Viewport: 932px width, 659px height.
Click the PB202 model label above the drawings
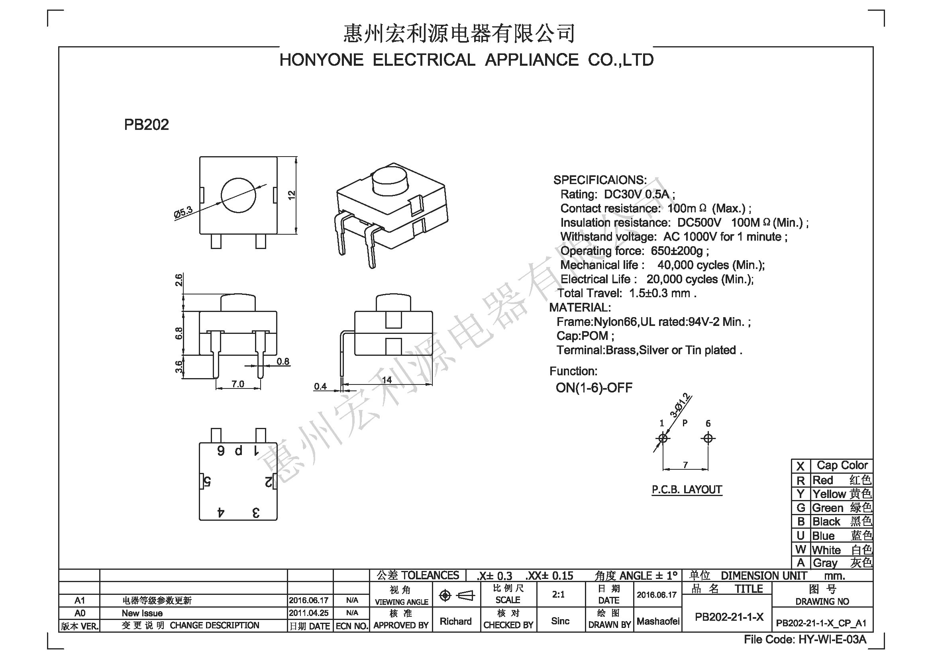pos(146,125)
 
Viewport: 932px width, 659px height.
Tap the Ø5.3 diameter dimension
pos(183,213)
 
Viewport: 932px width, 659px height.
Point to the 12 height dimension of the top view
pos(291,195)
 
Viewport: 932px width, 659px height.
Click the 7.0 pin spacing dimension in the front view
pos(238,383)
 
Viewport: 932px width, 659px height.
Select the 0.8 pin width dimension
pos(283,361)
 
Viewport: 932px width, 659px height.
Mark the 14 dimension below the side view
pos(387,380)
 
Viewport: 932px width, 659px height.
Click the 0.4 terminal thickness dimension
pos(320,386)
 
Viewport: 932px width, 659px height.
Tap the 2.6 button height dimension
pos(179,280)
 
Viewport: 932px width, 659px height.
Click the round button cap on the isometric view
pos(389,181)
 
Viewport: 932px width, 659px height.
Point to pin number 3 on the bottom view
pos(256,513)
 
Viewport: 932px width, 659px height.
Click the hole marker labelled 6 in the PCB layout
pos(708,438)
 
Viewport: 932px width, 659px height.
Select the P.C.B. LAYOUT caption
pos(687,489)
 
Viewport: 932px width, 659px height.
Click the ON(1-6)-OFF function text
pos(594,388)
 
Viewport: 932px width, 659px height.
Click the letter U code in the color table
pos(801,535)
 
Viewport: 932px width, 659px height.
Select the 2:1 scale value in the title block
pos(559,594)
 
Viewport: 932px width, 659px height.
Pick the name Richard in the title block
pos(455,621)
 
